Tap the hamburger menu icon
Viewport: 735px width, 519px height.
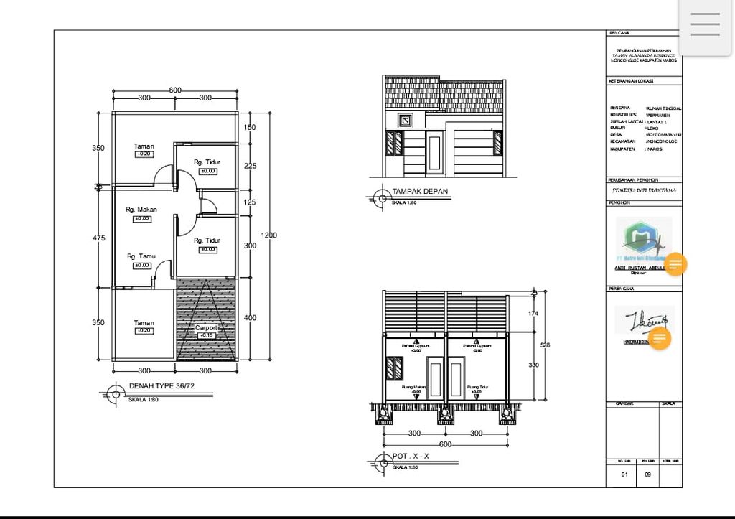pos(705,24)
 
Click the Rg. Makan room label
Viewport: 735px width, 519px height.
pos(141,210)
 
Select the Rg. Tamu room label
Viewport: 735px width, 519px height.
pos(141,256)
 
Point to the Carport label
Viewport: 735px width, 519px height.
pos(206,327)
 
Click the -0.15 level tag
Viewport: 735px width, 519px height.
pos(206,335)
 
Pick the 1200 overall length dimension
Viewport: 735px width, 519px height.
pos(269,235)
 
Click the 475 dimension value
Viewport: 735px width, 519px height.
pos(98,238)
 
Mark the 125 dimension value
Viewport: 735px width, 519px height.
pos(249,202)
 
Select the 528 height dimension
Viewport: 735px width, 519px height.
pos(545,346)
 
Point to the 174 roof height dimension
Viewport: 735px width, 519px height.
pos(532,314)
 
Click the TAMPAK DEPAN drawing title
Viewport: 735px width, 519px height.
pos(420,192)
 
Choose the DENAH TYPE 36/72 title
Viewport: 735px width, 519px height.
pos(161,386)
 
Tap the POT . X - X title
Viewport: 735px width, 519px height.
pos(411,457)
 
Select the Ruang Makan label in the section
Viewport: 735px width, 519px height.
pos(416,387)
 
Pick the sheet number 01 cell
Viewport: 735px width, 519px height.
pos(624,474)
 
